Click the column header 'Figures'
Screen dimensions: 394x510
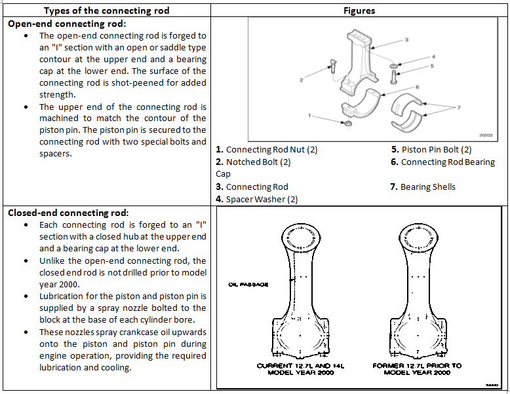pyautogui.click(x=359, y=10)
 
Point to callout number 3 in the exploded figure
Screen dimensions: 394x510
pyautogui.click(x=406, y=41)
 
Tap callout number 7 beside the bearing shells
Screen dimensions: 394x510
pyautogui.click(x=459, y=107)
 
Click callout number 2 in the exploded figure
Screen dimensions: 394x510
pyautogui.click(x=301, y=80)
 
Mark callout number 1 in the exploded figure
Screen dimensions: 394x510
pyautogui.click(x=308, y=114)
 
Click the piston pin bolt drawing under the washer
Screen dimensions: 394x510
pyautogui.click(x=393, y=77)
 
